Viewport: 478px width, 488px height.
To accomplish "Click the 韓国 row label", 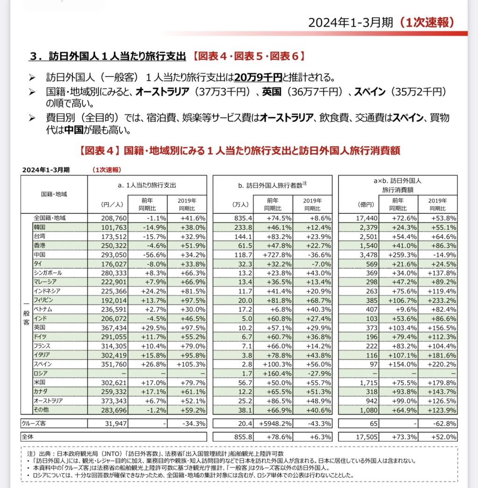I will click(40, 227).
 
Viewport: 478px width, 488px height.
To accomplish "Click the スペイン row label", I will click(42, 364).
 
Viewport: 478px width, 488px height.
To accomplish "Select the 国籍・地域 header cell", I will click(54, 193).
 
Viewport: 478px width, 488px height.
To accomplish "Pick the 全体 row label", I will click(28, 437).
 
